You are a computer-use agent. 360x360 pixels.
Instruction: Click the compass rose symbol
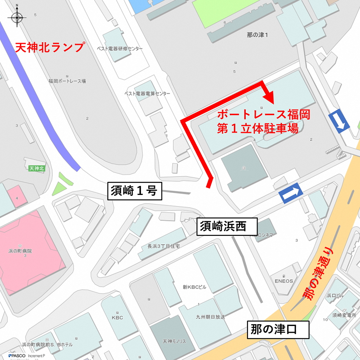[17, 18]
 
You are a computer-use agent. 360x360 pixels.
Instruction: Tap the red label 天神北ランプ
[50, 47]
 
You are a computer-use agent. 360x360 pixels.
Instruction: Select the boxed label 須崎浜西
[227, 226]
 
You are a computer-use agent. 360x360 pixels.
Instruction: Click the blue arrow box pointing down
[340, 122]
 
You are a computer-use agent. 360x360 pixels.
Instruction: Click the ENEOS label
[283, 281]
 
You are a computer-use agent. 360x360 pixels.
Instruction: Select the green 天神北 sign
[36, 169]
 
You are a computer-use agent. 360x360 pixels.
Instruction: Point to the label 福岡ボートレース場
[67, 81]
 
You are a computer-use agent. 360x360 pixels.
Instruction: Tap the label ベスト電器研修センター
[120, 49]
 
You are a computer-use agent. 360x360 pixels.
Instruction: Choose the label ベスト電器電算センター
[147, 93]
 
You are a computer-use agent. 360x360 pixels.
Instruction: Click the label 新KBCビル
[195, 287]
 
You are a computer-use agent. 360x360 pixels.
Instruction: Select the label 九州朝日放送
[210, 317]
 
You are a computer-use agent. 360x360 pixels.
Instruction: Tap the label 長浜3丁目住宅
[164, 246]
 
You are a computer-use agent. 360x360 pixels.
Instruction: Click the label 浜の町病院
[23, 251]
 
